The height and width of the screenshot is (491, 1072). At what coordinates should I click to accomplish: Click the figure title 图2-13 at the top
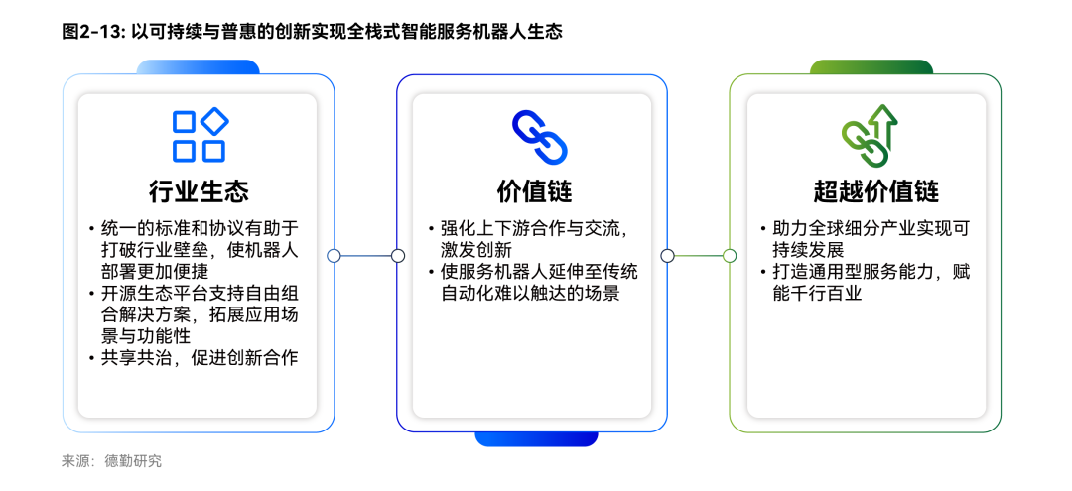312,32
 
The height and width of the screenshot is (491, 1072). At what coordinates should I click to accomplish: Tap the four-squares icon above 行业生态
200,134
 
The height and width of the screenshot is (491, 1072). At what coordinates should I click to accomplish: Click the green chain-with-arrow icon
869,135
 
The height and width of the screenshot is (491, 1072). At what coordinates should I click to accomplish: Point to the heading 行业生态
199,191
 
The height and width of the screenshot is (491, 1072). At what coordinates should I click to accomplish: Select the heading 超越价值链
875,191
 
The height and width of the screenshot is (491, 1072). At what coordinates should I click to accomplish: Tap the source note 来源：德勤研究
111,461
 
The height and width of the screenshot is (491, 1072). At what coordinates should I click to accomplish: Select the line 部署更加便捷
145,271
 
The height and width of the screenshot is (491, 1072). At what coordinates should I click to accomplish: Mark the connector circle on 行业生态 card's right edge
334,256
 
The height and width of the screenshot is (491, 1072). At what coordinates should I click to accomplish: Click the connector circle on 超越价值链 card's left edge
730,256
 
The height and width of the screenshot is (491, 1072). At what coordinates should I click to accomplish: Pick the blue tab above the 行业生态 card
199,66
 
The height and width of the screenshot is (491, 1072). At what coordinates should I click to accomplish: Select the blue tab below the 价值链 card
536,439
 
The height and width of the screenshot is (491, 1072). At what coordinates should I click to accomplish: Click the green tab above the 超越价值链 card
871,66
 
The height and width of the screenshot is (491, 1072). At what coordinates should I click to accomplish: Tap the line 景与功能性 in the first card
145,335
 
